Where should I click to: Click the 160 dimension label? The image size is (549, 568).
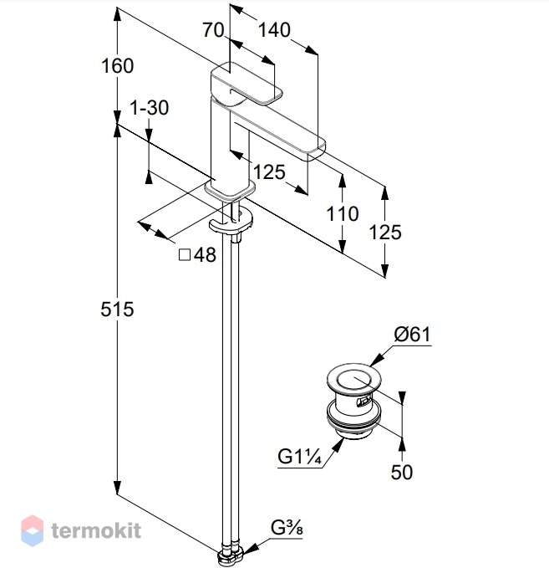click(117, 66)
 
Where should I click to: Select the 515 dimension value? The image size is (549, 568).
click(117, 310)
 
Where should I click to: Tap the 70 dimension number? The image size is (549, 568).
click(213, 30)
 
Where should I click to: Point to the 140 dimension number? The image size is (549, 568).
click(274, 30)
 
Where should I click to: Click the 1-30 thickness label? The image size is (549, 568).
click(149, 108)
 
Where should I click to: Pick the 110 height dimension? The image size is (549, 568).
click(343, 213)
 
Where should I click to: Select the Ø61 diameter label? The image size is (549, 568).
click(413, 334)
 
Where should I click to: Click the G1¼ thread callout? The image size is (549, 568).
click(300, 457)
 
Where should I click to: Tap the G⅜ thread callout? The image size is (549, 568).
click(287, 528)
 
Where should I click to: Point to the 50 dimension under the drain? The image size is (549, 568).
click(402, 472)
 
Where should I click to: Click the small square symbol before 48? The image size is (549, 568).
click(185, 255)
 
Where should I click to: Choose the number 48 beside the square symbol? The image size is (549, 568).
click(205, 255)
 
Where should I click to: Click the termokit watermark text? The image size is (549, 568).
click(96, 530)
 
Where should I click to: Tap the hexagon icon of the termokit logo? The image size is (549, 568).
click(33, 530)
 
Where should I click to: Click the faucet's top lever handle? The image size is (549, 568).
click(247, 83)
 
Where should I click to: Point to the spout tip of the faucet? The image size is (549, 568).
click(317, 151)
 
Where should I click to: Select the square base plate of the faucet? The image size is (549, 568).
click(230, 189)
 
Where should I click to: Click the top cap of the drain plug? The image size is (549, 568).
click(353, 379)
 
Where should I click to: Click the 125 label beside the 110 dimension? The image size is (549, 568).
click(385, 233)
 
